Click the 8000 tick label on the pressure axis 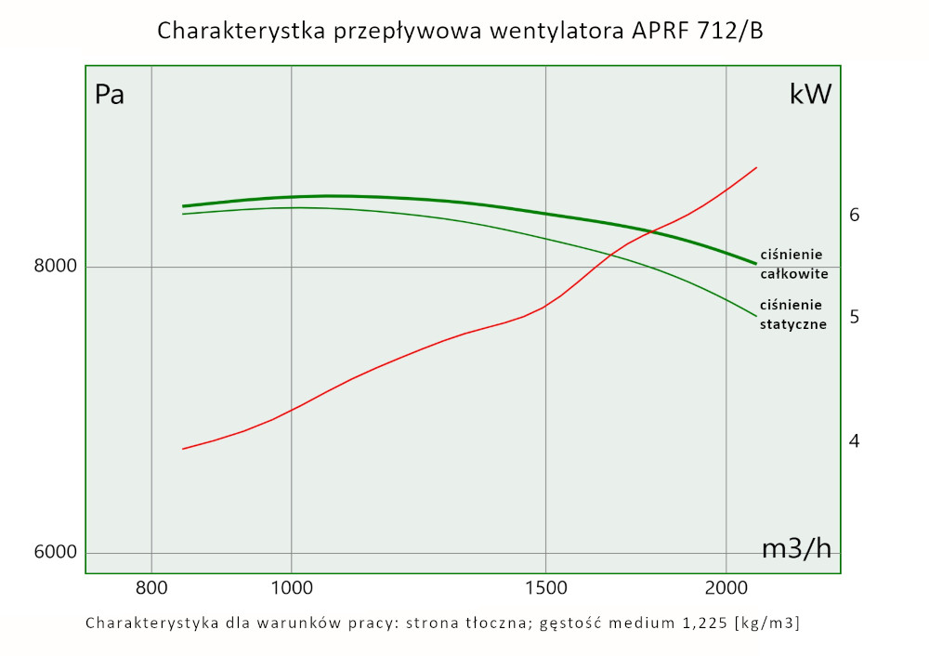coord(55,267)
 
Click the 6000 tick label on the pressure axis coord(55,553)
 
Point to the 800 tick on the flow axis coord(151,587)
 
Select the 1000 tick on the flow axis coord(292,587)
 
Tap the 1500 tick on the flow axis coord(545,587)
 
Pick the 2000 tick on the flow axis coord(726,587)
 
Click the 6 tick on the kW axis coord(855,215)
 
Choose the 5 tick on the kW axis coord(855,317)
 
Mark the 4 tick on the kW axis coord(855,440)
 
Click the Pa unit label coord(110,95)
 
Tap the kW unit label coord(810,95)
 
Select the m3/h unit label coord(796,549)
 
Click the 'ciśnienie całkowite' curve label coord(793,264)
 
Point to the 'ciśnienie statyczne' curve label coord(792,314)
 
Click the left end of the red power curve coord(183,449)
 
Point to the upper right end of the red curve coord(757,168)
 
